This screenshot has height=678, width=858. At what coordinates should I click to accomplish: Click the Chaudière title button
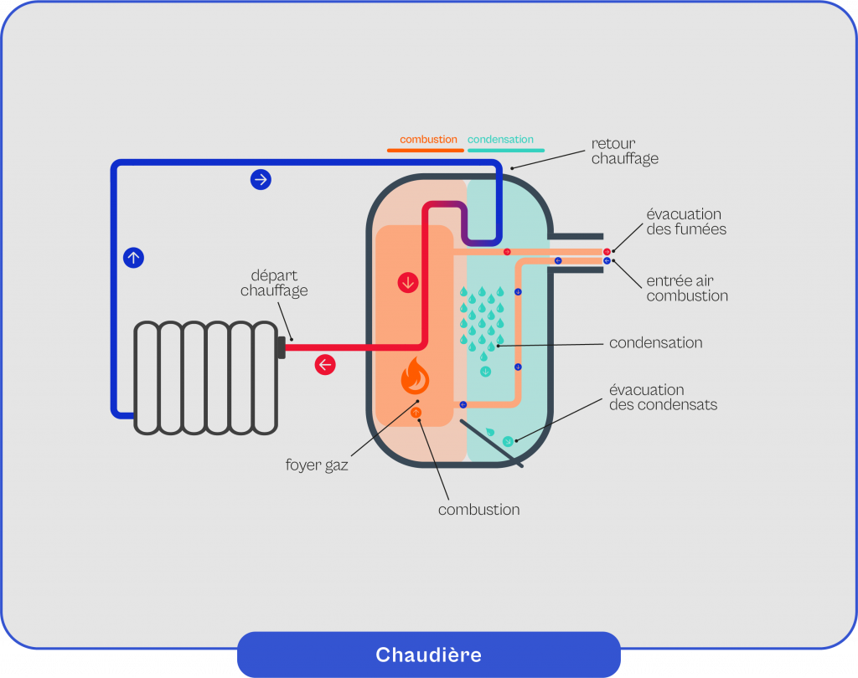pyautogui.click(x=428, y=654)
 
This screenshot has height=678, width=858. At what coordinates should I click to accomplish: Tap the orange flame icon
pyautogui.click(x=416, y=377)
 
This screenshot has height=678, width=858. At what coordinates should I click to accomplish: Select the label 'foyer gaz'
pyautogui.click(x=317, y=465)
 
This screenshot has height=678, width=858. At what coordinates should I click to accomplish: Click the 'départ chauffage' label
pyautogui.click(x=274, y=283)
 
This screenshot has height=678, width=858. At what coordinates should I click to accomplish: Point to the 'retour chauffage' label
pyautogui.click(x=624, y=151)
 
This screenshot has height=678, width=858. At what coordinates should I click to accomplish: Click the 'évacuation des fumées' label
pyautogui.click(x=684, y=222)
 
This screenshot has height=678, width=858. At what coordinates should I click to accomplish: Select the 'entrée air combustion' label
pyautogui.click(x=687, y=289)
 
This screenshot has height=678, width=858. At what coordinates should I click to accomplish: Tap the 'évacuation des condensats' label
pyautogui.click(x=663, y=398)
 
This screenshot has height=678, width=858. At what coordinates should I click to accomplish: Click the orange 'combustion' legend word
pyautogui.click(x=428, y=140)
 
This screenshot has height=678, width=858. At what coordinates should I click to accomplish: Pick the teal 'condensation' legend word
pyautogui.click(x=500, y=140)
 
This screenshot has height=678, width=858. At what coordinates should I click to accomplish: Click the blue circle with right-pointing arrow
pyautogui.click(x=261, y=179)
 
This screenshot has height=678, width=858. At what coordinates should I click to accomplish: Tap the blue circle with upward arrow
pyautogui.click(x=133, y=258)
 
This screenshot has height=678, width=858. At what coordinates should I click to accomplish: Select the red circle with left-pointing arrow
pyautogui.click(x=324, y=365)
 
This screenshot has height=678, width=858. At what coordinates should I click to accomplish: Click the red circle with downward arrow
pyautogui.click(x=408, y=283)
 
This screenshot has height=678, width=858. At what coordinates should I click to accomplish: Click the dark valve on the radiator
pyautogui.click(x=281, y=347)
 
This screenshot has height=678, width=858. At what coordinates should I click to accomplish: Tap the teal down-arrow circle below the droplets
pyautogui.click(x=485, y=371)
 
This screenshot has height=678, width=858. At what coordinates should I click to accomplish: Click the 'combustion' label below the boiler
pyautogui.click(x=478, y=510)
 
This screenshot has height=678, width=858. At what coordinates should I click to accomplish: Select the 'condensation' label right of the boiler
pyautogui.click(x=655, y=342)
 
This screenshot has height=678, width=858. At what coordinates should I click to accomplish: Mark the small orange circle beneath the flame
pyautogui.click(x=416, y=413)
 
